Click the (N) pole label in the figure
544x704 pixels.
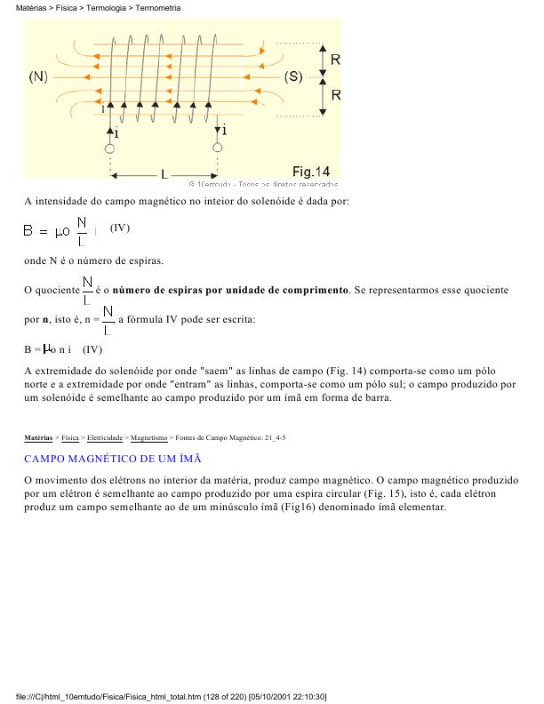pyautogui.click(x=38, y=77)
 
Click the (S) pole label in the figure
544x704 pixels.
pyautogui.click(x=293, y=77)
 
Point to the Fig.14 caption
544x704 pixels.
pyautogui.click(x=311, y=171)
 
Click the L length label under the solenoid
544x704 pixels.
pyautogui.click(x=164, y=174)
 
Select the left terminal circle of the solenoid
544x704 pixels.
pyautogui.click(x=110, y=148)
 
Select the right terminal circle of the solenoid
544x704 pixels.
pyautogui.click(x=217, y=148)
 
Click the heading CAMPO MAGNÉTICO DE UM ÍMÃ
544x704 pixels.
pyautogui.click(x=113, y=459)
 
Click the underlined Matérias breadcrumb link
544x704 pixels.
pyautogui.click(x=38, y=438)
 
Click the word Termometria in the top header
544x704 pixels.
pyautogui.click(x=158, y=7)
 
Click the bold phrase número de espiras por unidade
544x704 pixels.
pyautogui.click(x=230, y=291)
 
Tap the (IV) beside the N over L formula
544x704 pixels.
pyautogui.click(x=120, y=228)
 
